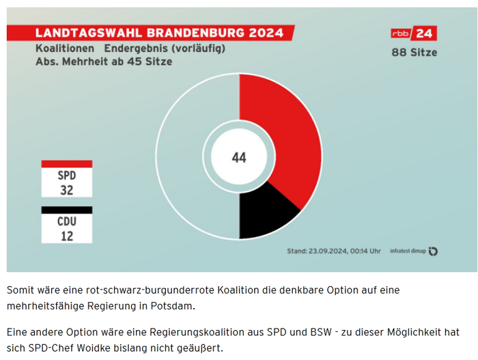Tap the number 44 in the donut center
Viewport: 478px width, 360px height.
(238, 158)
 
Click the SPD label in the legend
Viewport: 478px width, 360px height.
(66, 176)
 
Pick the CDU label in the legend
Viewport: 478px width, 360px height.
(66, 221)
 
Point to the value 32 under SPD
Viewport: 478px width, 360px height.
(66, 190)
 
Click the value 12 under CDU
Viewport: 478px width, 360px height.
(66, 236)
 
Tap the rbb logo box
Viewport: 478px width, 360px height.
(402, 33)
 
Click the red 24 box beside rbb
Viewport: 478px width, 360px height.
(425, 33)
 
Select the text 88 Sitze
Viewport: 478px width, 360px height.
(414, 53)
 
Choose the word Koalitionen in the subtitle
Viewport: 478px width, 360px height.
(65, 49)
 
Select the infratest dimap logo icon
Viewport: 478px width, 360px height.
(433, 251)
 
